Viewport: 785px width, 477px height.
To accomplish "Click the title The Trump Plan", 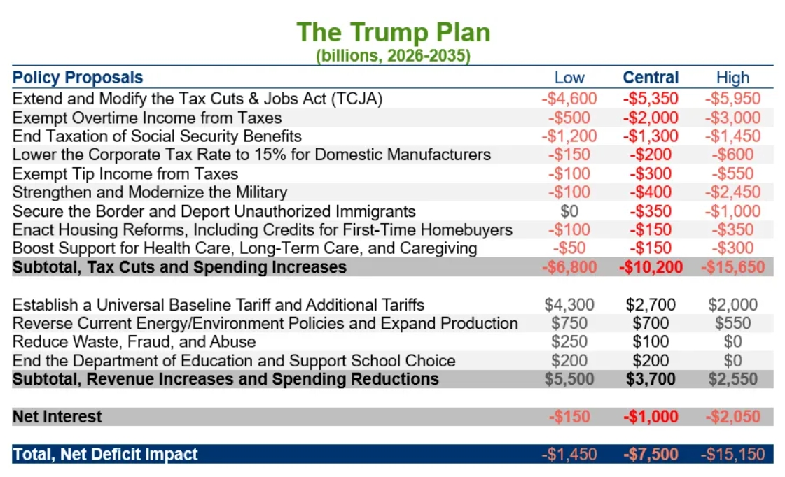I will (393, 33).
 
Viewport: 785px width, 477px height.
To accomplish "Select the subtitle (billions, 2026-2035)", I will (393, 56).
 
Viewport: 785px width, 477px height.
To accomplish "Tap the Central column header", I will (651, 78).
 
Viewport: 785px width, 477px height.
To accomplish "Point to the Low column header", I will (569, 78).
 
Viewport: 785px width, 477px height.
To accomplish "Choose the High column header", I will (732, 78).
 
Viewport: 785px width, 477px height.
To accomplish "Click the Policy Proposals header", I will (78, 78).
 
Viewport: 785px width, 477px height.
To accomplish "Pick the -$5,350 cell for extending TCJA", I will (651, 99).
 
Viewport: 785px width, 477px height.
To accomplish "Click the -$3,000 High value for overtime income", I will (732, 118).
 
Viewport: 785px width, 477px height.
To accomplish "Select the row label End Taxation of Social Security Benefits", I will (157, 136).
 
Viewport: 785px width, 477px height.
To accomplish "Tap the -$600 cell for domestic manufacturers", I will (732, 155).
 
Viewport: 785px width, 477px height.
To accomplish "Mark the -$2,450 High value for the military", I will (732, 192).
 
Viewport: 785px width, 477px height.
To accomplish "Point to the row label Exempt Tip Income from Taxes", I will (125, 173).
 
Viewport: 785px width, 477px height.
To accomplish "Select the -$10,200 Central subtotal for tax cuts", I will (651, 266).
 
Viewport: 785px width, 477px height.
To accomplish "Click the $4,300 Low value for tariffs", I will (569, 304).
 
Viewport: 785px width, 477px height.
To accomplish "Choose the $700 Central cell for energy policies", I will (651, 323).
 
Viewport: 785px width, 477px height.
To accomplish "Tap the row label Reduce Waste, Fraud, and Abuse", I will (134, 341).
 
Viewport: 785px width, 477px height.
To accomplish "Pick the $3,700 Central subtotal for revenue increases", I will (651, 379).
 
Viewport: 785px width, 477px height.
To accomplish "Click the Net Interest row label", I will (57, 417).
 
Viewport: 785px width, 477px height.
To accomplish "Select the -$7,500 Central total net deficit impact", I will (651, 454).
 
